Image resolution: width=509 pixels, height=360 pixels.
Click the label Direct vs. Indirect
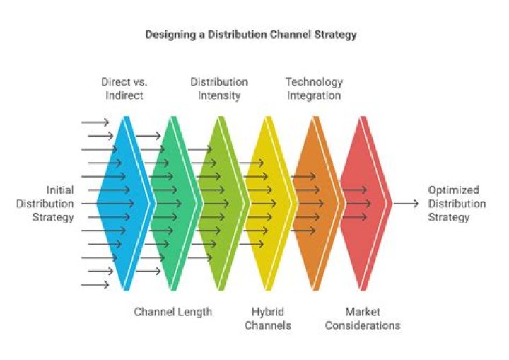click(x=125, y=88)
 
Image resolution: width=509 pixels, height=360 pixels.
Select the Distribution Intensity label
click(x=219, y=88)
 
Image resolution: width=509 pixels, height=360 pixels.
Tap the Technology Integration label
click(x=314, y=88)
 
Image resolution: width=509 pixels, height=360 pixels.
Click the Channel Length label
click(x=173, y=312)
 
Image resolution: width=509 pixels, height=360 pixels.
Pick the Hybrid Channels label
click(x=272, y=318)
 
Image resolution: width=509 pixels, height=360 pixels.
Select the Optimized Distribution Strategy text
click(x=457, y=204)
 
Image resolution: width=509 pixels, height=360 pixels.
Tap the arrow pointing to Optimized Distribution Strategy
click(x=406, y=204)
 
